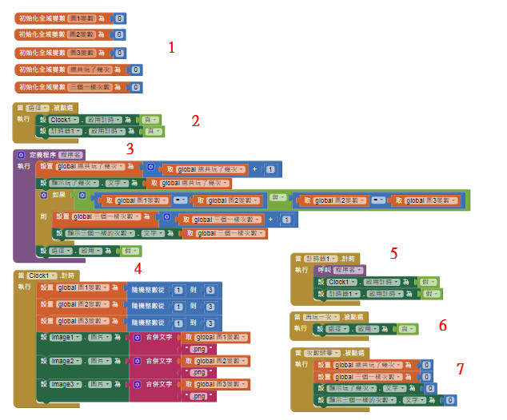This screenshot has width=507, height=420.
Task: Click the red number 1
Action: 172,47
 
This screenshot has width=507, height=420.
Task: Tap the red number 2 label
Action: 195,121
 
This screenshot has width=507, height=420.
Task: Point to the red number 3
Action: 130,148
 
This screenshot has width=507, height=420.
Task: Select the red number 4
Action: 138,268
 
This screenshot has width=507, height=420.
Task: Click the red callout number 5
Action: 393,254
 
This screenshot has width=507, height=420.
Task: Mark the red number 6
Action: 442,325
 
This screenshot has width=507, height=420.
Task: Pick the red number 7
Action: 460,368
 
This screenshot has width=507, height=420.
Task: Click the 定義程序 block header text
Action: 39,154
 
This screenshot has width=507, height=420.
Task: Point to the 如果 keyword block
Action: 58,194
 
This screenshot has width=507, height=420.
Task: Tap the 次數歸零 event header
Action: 323,352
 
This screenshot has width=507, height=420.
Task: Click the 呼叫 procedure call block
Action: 301,270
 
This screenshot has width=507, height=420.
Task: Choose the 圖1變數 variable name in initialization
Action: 82,18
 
